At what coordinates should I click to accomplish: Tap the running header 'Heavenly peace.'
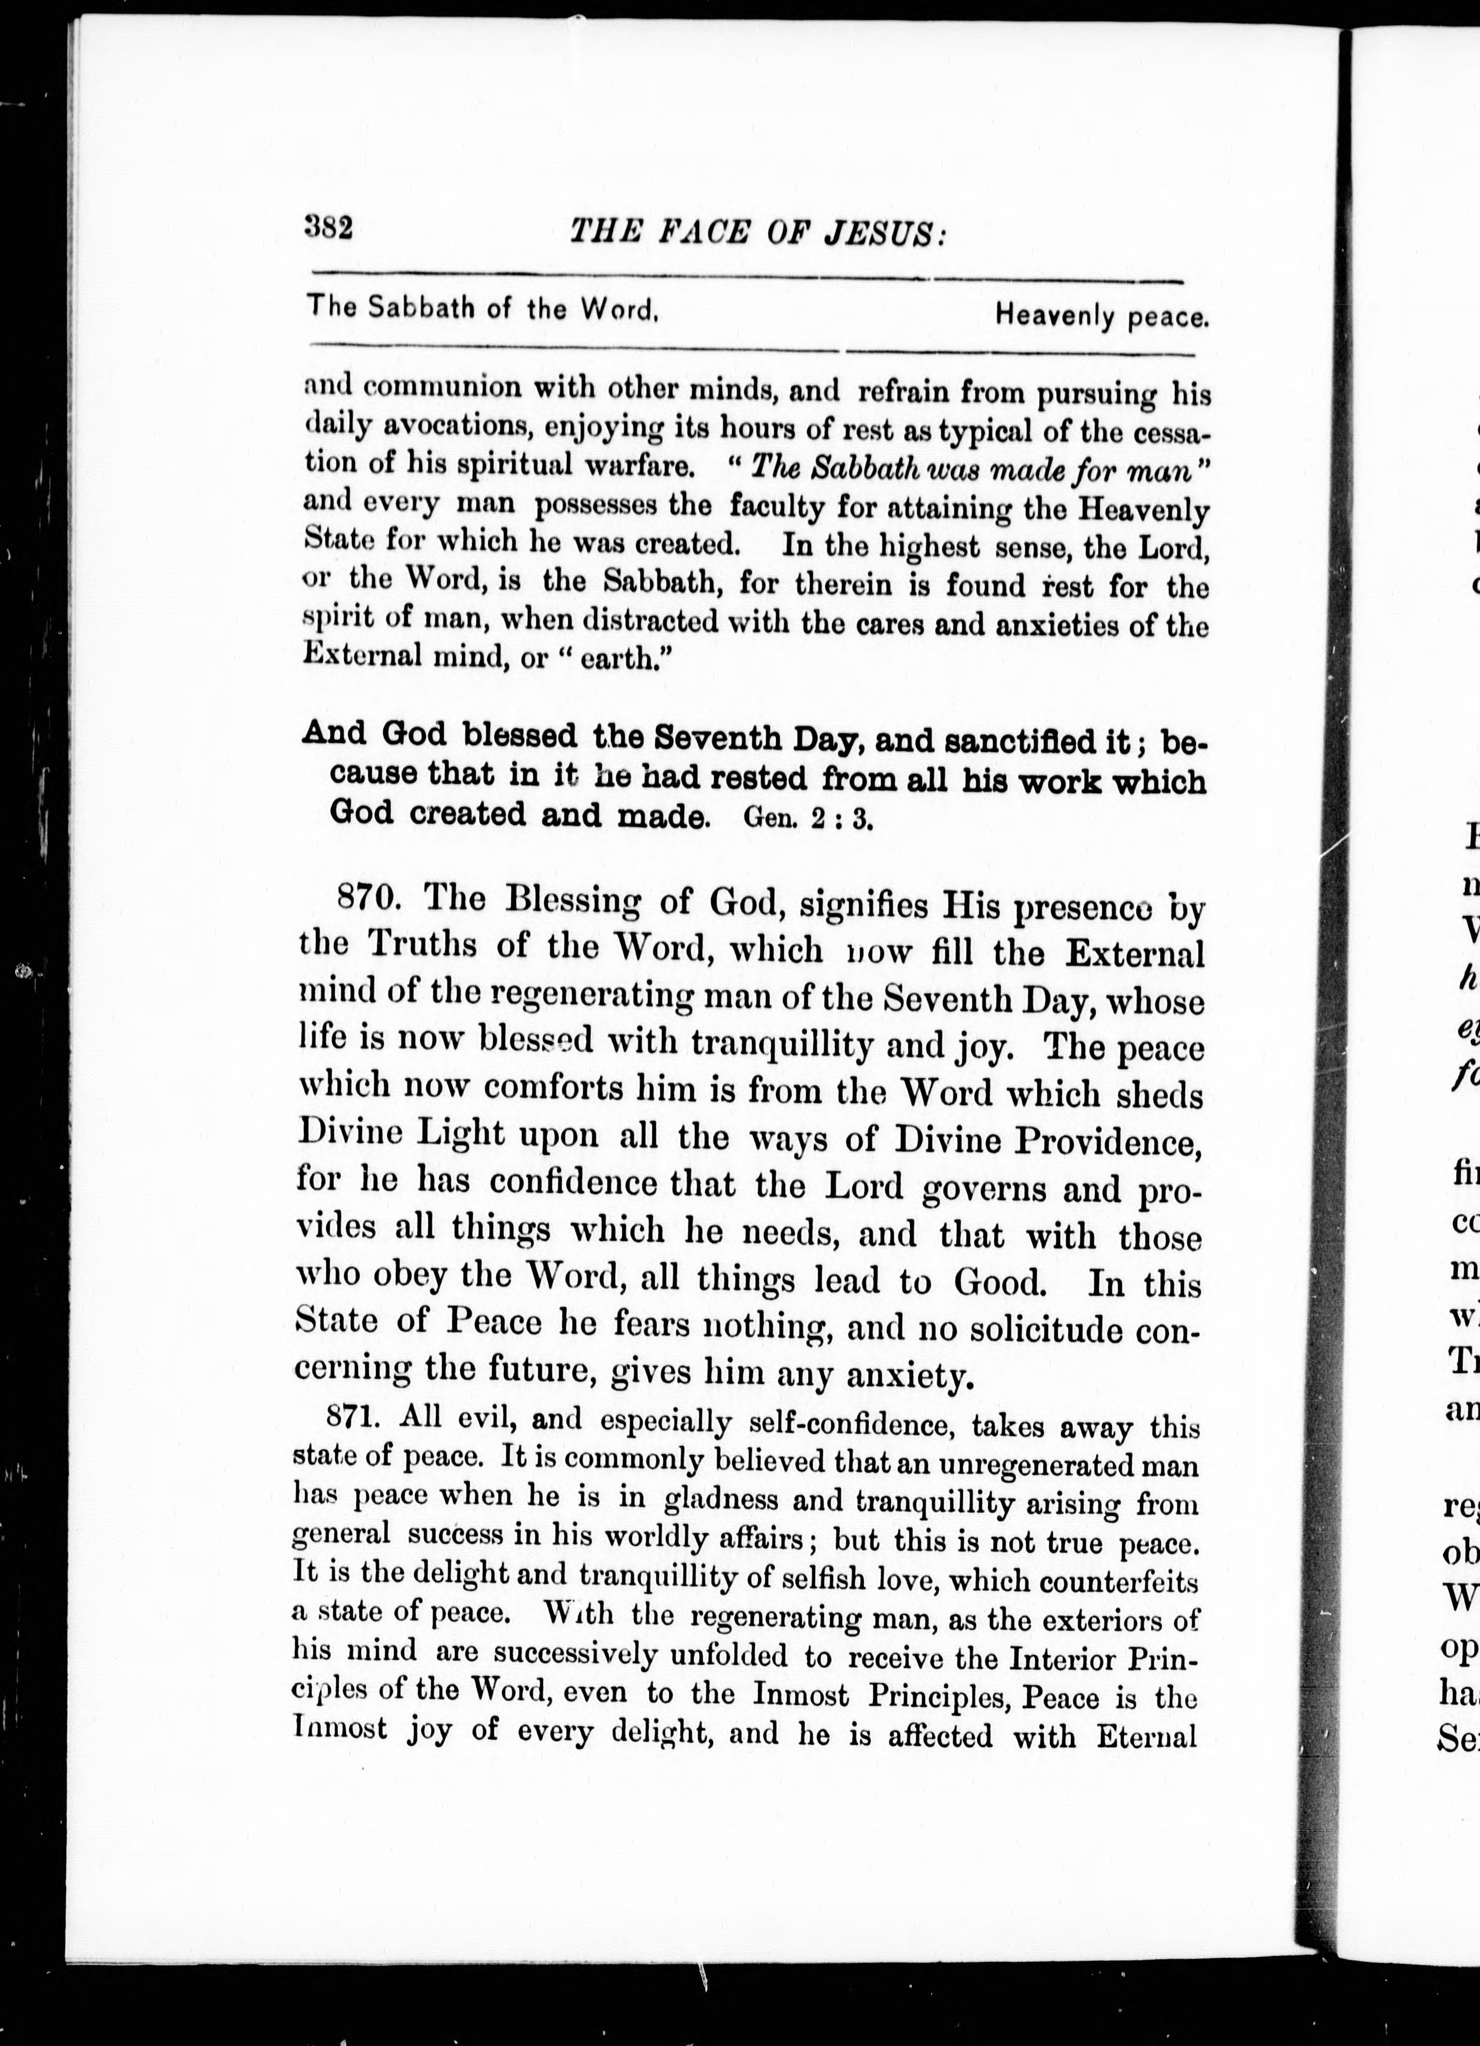(x=1101, y=316)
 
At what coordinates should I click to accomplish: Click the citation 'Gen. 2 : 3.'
(x=808, y=818)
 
